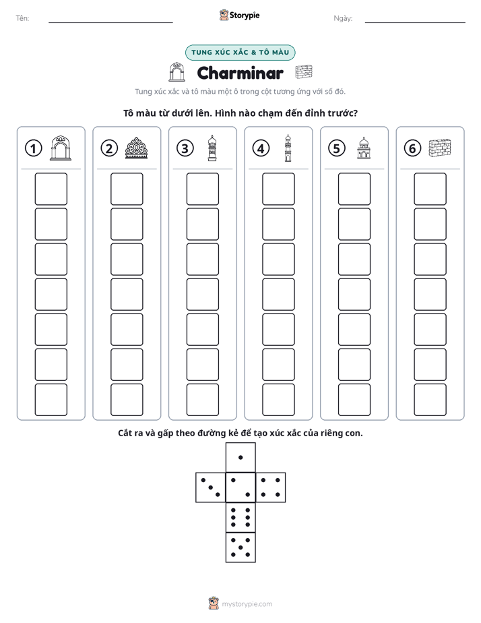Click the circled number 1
click(x=33, y=148)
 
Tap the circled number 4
click(x=261, y=148)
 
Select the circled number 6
click(x=412, y=148)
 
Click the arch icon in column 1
click(x=61, y=148)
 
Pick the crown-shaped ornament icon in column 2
click(x=136, y=148)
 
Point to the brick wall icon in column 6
click(x=440, y=148)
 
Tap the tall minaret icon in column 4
click(x=288, y=148)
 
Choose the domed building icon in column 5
click(x=364, y=148)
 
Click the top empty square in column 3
click(x=202, y=189)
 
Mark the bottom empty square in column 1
click(x=51, y=400)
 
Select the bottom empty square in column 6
click(x=430, y=400)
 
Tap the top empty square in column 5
click(x=354, y=189)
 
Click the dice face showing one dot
click(x=241, y=457)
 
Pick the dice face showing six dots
click(x=241, y=517)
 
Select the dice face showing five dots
click(x=241, y=547)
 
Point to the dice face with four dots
click(x=270, y=487)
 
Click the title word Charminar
click(x=240, y=73)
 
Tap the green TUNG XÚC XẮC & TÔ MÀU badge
click(x=240, y=53)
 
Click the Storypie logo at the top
click(x=239, y=15)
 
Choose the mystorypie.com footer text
click(x=247, y=604)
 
